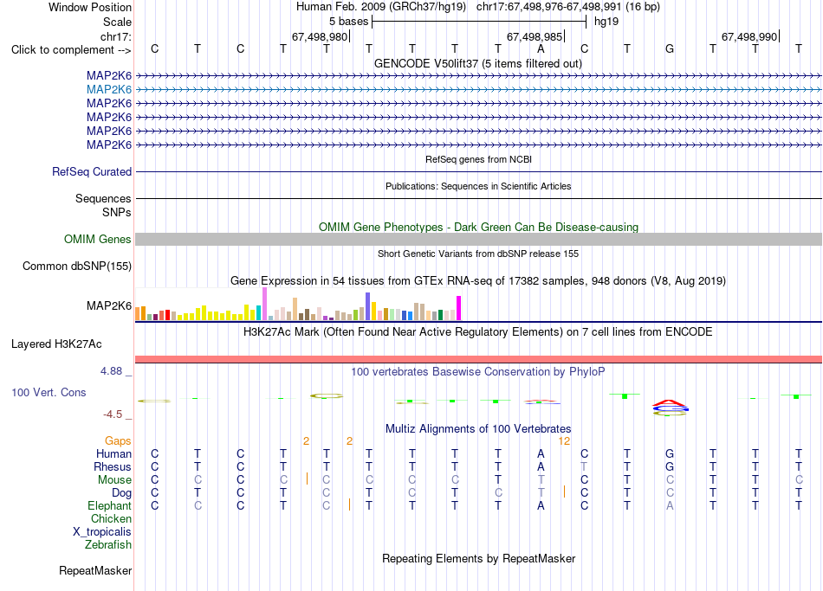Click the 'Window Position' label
(x=90, y=7)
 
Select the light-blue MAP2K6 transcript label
(x=109, y=90)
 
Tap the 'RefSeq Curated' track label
(x=92, y=172)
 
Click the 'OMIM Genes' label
(x=97, y=239)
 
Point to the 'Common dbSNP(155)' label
(x=77, y=267)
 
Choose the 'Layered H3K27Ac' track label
(x=56, y=344)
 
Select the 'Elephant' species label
(x=110, y=506)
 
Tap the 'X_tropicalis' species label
(x=102, y=532)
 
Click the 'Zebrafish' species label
(x=108, y=545)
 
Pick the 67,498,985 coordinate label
(x=535, y=36)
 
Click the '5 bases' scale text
(x=348, y=22)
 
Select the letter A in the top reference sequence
(x=541, y=48)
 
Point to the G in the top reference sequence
(x=670, y=48)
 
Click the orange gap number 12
(x=564, y=441)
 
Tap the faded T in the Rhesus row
(x=584, y=466)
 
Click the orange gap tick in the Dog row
(x=564, y=491)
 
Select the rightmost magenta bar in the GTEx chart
(x=459, y=308)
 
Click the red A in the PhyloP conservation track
(x=670, y=403)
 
